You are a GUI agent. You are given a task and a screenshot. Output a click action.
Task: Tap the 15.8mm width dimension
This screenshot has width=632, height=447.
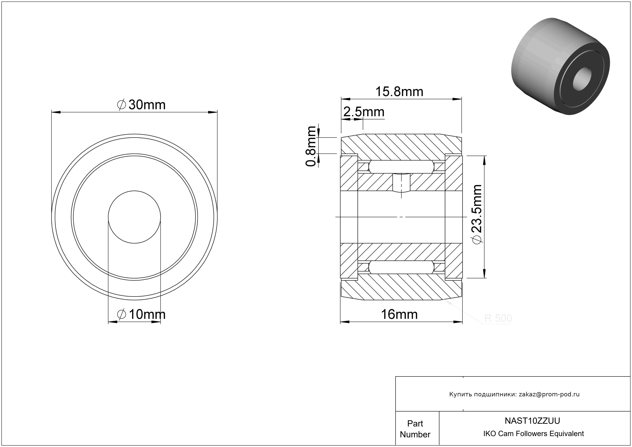(399, 92)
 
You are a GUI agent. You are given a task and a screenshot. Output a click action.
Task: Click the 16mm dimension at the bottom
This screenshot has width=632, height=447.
(399, 314)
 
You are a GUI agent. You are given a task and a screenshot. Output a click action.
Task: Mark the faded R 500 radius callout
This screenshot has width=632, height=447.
(498, 318)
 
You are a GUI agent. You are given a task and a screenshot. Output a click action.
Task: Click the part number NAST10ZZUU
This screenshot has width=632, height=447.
(532, 421)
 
